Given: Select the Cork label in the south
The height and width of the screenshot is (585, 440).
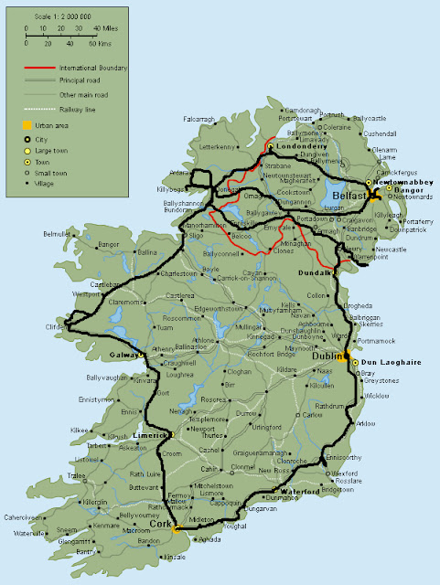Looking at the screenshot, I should point(161,524).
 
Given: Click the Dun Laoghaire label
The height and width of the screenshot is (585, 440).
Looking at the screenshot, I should point(379,362).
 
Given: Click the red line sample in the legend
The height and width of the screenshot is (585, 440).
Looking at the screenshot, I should point(39,69).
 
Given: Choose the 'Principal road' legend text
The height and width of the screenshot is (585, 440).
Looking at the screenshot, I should point(83,81).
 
